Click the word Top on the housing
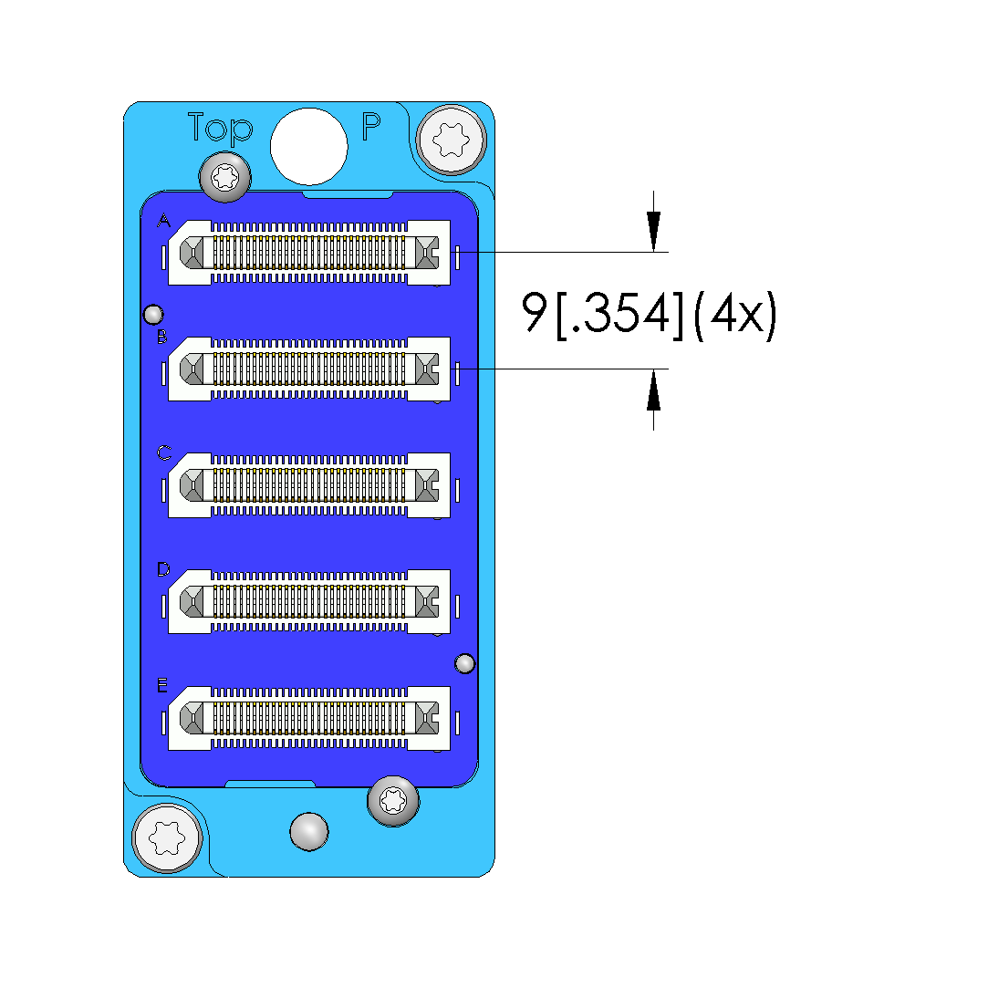tap(220, 129)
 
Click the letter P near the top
tap(371, 126)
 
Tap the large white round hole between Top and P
tap(308, 146)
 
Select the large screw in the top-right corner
tap(452, 140)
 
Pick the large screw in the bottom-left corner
tap(167, 838)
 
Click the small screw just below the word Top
tap(225, 177)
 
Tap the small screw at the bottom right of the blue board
tap(393, 801)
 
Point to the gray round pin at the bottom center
tap(308, 832)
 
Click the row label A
tap(164, 221)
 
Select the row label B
tap(162, 338)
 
